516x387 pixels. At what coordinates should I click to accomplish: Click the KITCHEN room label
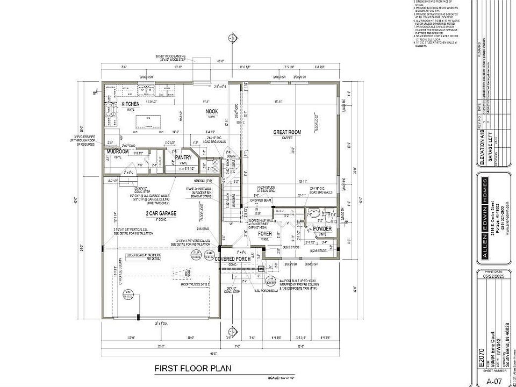[130, 104]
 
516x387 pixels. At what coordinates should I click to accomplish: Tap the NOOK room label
[212, 111]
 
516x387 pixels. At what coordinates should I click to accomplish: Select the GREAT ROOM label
[287, 132]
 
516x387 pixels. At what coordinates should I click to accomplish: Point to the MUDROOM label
[118, 152]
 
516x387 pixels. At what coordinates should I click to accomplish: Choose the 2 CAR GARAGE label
[161, 213]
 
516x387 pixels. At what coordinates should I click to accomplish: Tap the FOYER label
[265, 234]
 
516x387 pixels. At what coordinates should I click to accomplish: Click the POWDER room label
[322, 229]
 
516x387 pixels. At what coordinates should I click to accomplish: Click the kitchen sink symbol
[145, 90]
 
